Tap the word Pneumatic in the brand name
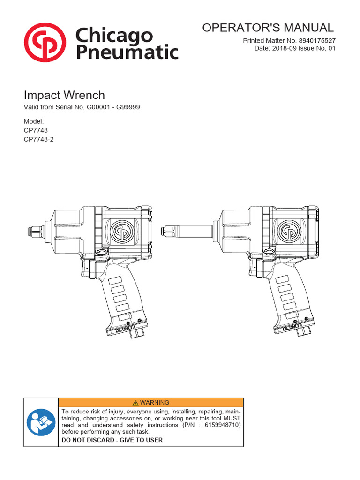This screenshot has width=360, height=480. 127,51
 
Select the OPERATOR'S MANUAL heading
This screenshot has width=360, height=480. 268,28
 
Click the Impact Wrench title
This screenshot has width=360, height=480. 64,95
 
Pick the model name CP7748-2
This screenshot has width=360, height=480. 39,139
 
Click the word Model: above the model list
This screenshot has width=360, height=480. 34,121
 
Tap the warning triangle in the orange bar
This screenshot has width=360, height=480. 135,403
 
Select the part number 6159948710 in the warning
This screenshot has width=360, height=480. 221,425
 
